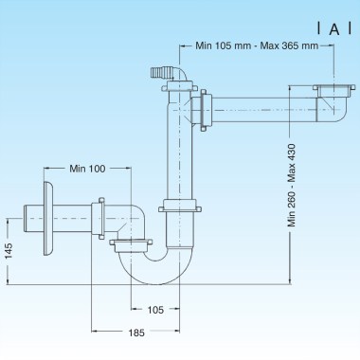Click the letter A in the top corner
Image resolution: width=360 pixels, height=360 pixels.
coord(334,29)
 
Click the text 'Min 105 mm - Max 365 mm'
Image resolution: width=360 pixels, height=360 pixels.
coord(257,45)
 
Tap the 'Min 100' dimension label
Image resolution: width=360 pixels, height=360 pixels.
coord(87,169)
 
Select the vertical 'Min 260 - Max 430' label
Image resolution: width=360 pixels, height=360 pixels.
coord(292,186)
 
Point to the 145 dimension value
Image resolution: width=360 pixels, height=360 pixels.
coord(9,251)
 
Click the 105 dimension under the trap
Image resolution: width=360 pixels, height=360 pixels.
coord(155,310)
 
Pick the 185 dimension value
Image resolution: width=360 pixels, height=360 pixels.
coord(136,333)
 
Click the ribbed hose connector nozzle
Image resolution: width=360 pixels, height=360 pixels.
coord(163,73)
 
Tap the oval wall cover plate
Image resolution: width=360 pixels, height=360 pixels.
coord(48,218)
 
